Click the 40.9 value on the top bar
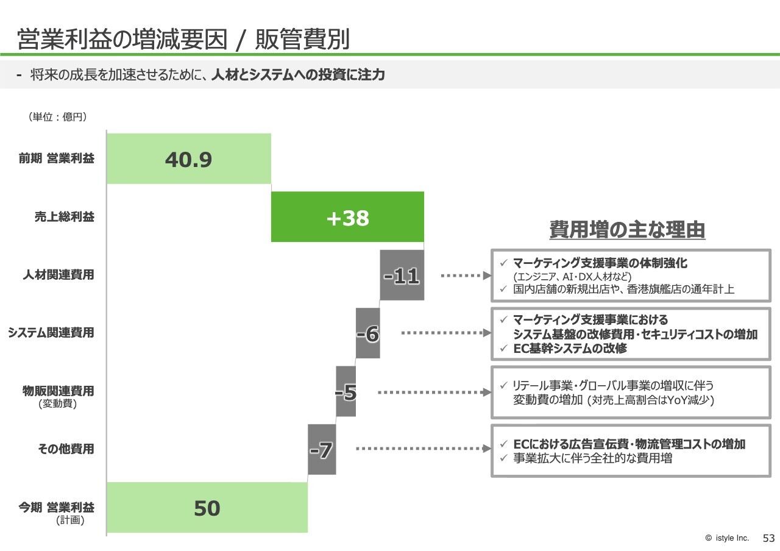tap(188, 160)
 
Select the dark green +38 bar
tap(347, 216)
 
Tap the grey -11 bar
tap(402, 275)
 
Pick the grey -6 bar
tap(367, 333)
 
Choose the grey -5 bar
tap(346, 391)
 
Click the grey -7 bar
tap(322, 449)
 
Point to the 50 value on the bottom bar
tap(207, 508)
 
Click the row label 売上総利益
tap(65, 216)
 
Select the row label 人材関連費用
tap(58, 275)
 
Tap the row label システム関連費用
tap(51, 333)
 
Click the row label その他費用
tap(66, 449)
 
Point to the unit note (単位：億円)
tap(58, 116)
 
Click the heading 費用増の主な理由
tap(628, 230)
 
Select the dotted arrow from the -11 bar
tap(466, 276)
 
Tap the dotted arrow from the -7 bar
tap(424, 449)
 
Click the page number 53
tap(768, 538)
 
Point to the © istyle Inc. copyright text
tap(727, 538)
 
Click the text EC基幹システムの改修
tap(570, 348)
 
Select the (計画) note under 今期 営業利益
tap(70, 520)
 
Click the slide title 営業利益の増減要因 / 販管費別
tap(183, 39)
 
